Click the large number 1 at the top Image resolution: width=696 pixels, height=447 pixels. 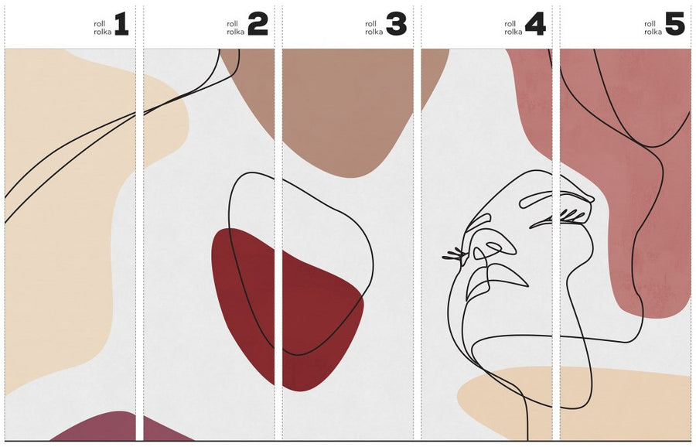point(121,25)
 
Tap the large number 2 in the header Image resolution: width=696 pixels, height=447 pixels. point(258,25)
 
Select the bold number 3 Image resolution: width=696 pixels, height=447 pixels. point(397,25)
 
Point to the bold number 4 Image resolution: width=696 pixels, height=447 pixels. point(535,25)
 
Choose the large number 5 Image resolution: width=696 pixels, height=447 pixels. point(674,25)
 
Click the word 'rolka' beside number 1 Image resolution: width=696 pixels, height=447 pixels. point(103,32)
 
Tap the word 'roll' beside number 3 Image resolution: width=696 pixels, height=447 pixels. point(371,24)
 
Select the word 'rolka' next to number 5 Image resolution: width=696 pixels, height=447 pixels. point(653,32)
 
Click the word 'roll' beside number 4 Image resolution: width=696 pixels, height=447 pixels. point(510,24)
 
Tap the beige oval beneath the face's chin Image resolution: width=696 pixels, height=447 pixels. point(572,401)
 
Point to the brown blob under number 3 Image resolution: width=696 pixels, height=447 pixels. point(337,111)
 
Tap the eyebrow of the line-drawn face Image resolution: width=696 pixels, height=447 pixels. point(557,199)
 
